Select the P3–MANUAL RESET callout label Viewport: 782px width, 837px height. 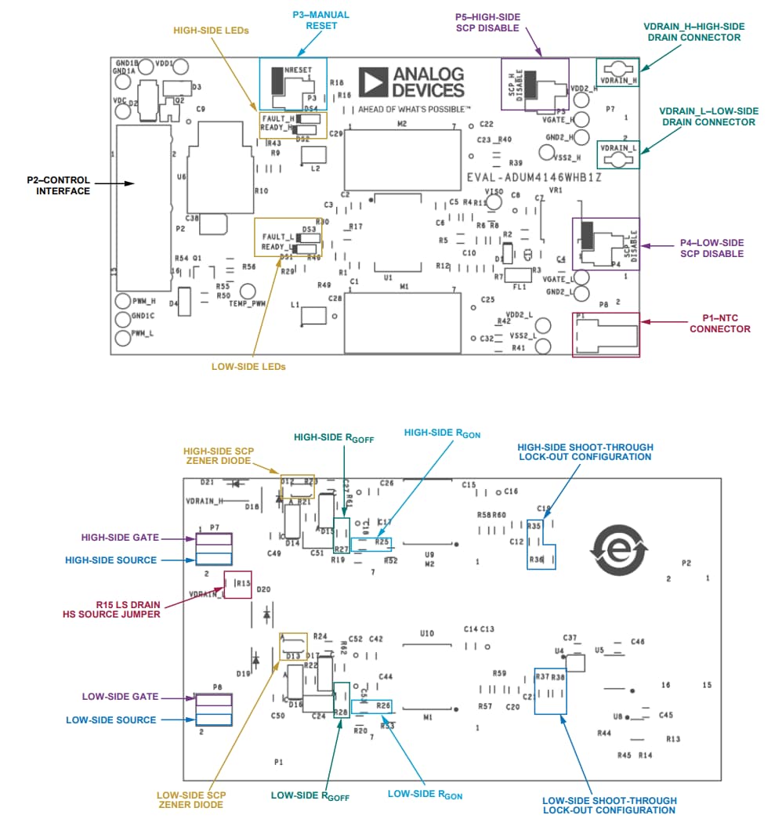pos(321,20)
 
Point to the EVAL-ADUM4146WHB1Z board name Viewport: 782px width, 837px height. pos(534,177)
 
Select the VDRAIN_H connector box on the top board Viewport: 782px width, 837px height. pos(618,71)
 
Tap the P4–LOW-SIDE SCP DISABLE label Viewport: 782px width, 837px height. pos(712,248)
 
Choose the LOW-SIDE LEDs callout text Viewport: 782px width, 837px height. pos(248,366)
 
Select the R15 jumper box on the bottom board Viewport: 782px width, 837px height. pos(238,584)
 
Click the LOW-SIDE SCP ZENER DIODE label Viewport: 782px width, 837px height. pos(191,799)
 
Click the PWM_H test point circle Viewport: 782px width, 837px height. pos(122,301)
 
